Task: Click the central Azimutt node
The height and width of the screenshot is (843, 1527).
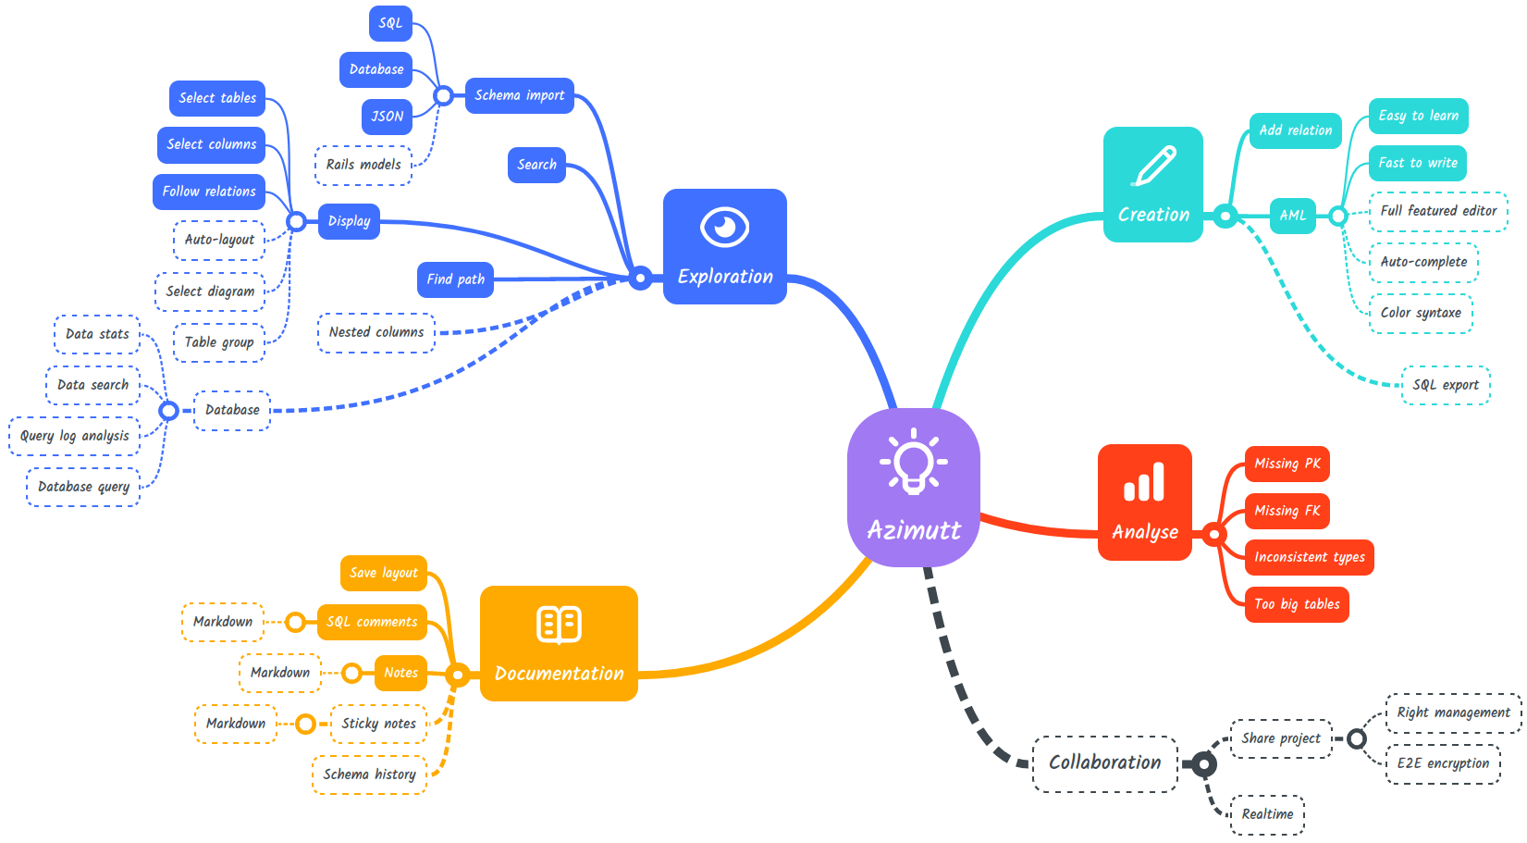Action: (x=914, y=488)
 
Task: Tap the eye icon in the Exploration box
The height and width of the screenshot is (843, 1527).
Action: (x=724, y=227)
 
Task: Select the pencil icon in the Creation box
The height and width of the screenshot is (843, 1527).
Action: (x=1154, y=167)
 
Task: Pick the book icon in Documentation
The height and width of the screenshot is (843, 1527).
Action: (x=559, y=625)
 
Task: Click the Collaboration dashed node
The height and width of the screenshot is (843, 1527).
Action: (x=1104, y=763)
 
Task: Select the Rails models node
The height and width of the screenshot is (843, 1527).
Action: (x=363, y=165)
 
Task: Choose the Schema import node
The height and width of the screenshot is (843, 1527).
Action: (x=519, y=95)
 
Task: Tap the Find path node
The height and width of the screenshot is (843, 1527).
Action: (x=455, y=279)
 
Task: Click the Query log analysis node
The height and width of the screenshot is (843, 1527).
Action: (x=75, y=436)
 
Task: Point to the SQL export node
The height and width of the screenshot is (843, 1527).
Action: (x=1446, y=385)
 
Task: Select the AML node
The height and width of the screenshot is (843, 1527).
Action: (x=1292, y=216)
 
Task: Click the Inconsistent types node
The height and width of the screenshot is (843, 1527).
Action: (x=1309, y=557)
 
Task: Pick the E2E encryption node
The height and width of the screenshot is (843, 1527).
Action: (x=1443, y=763)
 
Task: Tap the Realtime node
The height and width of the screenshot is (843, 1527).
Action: (x=1267, y=814)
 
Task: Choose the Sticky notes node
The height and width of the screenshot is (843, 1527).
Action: (x=378, y=724)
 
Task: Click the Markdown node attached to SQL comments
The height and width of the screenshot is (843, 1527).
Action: (x=223, y=622)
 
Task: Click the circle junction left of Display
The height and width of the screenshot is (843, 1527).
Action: (x=296, y=221)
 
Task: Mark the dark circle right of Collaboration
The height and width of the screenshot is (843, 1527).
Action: (x=1203, y=764)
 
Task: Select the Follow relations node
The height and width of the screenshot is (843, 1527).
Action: (x=209, y=192)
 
